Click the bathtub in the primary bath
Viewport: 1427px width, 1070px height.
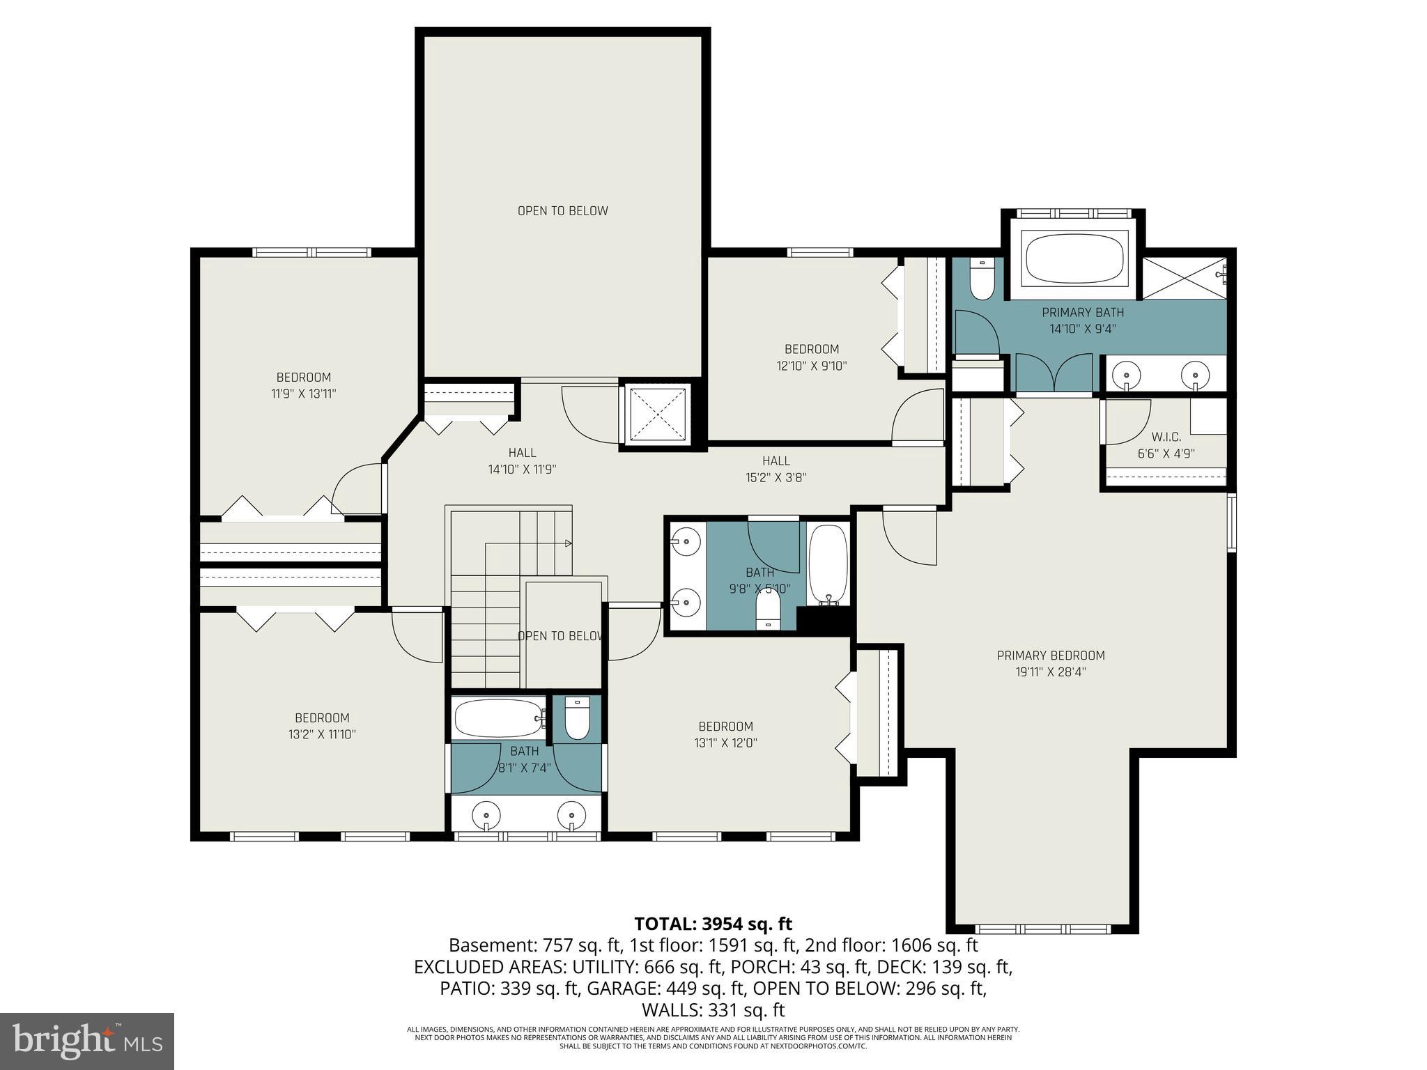[1074, 258]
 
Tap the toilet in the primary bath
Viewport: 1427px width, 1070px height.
[982, 281]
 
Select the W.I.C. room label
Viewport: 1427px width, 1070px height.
[1166, 437]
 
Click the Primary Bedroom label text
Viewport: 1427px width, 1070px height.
[1050, 656]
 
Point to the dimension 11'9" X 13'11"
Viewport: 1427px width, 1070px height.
[303, 394]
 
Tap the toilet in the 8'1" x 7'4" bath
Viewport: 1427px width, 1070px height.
[577, 719]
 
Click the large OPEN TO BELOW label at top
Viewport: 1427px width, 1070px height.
[562, 211]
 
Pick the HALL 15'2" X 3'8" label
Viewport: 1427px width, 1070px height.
[776, 469]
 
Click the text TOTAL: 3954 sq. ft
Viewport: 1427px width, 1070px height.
[713, 924]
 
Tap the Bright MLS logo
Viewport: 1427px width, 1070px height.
[87, 1041]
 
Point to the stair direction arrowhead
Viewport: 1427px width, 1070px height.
[569, 543]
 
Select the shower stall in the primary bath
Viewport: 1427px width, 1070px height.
[1184, 278]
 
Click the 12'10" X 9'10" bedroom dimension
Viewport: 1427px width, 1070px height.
[811, 366]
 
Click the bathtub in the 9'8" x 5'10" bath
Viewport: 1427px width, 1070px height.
[828, 565]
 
